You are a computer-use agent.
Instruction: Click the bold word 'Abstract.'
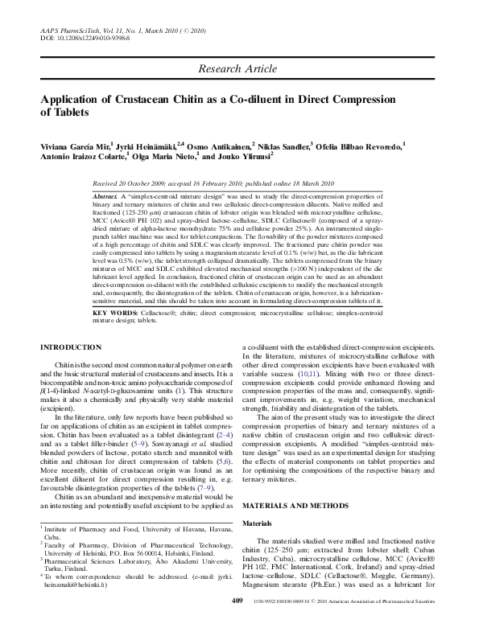[x=105, y=196]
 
